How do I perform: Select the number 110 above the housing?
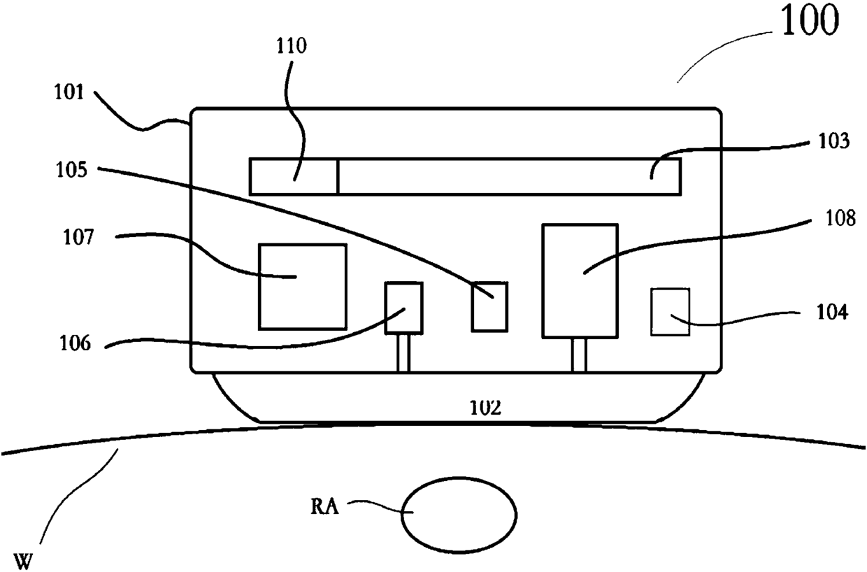(291, 47)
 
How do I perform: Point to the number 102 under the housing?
(485, 408)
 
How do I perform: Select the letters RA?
(324, 506)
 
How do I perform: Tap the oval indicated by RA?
(458, 514)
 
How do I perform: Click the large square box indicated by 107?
(302, 287)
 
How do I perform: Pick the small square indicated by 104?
(670, 312)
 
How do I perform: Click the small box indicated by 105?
(489, 306)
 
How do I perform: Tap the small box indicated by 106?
(404, 308)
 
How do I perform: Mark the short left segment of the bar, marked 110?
(294, 176)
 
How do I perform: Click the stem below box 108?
(579, 355)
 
